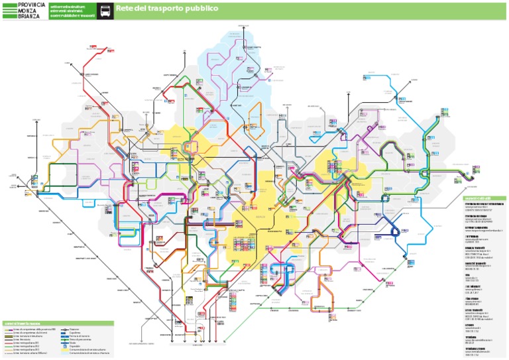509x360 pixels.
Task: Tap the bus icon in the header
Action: coord(105,11)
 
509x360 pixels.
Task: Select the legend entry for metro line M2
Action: coord(27,345)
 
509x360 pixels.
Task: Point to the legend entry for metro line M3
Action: coord(27,349)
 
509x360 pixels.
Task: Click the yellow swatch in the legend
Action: coord(65,349)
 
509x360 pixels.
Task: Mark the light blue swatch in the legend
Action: coord(65,353)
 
